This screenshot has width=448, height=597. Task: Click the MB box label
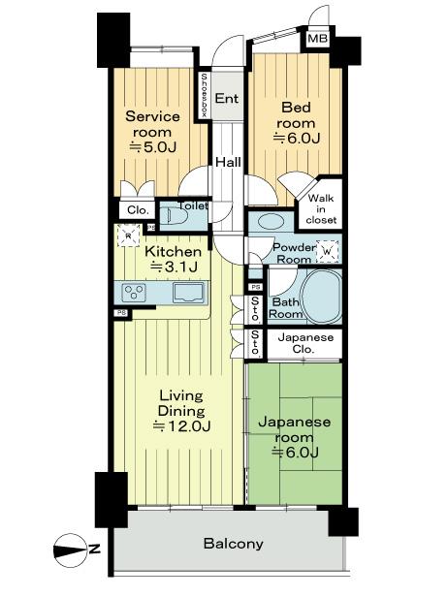(x=317, y=41)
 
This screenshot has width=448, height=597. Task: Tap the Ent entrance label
(x=227, y=99)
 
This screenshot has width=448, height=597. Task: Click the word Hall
(x=228, y=162)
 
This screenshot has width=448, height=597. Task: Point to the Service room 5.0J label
(x=153, y=131)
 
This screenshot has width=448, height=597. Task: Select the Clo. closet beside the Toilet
(x=135, y=209)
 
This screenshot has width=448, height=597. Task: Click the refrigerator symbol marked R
(x=127, y=235)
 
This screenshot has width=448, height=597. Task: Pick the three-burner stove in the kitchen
(x=133, y=292)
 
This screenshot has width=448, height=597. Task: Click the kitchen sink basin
(x=188, y=292)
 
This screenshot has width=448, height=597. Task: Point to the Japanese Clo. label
(x=305, y=343)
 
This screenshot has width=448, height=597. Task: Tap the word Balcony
(x=233, y=544)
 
